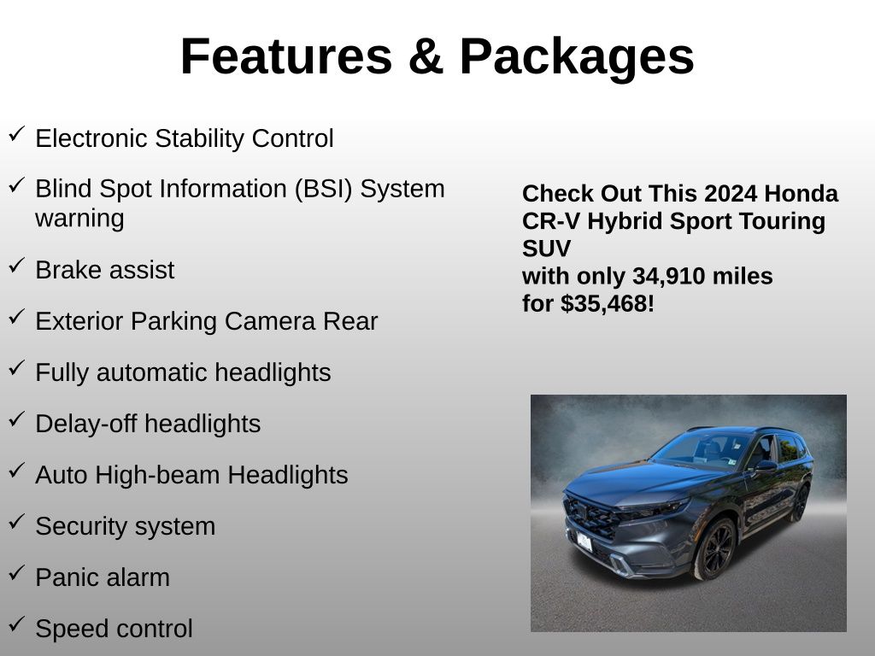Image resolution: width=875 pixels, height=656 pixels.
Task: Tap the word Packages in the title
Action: tap(577, 59)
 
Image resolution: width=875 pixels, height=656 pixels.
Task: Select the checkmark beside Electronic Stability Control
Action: tap(17, 134)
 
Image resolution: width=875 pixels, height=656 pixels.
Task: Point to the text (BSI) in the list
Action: tap(324, 189)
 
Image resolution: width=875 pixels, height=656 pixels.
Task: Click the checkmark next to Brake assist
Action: tap(17, 266)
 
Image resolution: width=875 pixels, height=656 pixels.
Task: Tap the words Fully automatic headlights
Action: tap(183, 372)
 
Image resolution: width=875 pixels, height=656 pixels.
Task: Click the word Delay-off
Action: tap(86, 424)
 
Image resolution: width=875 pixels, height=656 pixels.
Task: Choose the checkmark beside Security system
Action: tap(17, 522)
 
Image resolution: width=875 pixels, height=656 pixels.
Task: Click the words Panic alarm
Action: tap(103, 577)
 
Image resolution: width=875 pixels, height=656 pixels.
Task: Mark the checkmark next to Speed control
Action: tap(17, 624)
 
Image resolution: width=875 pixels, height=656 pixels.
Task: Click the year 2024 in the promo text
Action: tap(731, 194)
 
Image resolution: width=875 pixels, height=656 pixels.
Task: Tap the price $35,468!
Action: tap(608, 304)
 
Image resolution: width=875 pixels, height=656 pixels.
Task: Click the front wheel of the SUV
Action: tap(715, 549)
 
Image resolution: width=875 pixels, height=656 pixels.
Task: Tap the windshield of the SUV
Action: tap(702, 450)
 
